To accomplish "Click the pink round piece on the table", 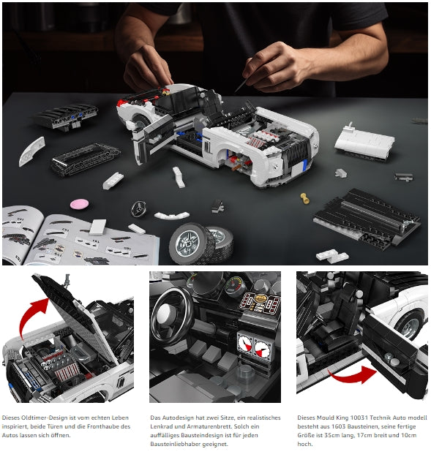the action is pos(79,204).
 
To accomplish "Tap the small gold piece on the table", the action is pos(304,198).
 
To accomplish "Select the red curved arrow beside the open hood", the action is pos(33,316).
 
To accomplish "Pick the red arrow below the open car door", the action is pos(352,375).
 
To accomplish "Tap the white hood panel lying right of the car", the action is pos(364,142).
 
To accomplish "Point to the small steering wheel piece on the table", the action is pos(138,209).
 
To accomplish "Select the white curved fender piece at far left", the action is pos(32,151).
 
